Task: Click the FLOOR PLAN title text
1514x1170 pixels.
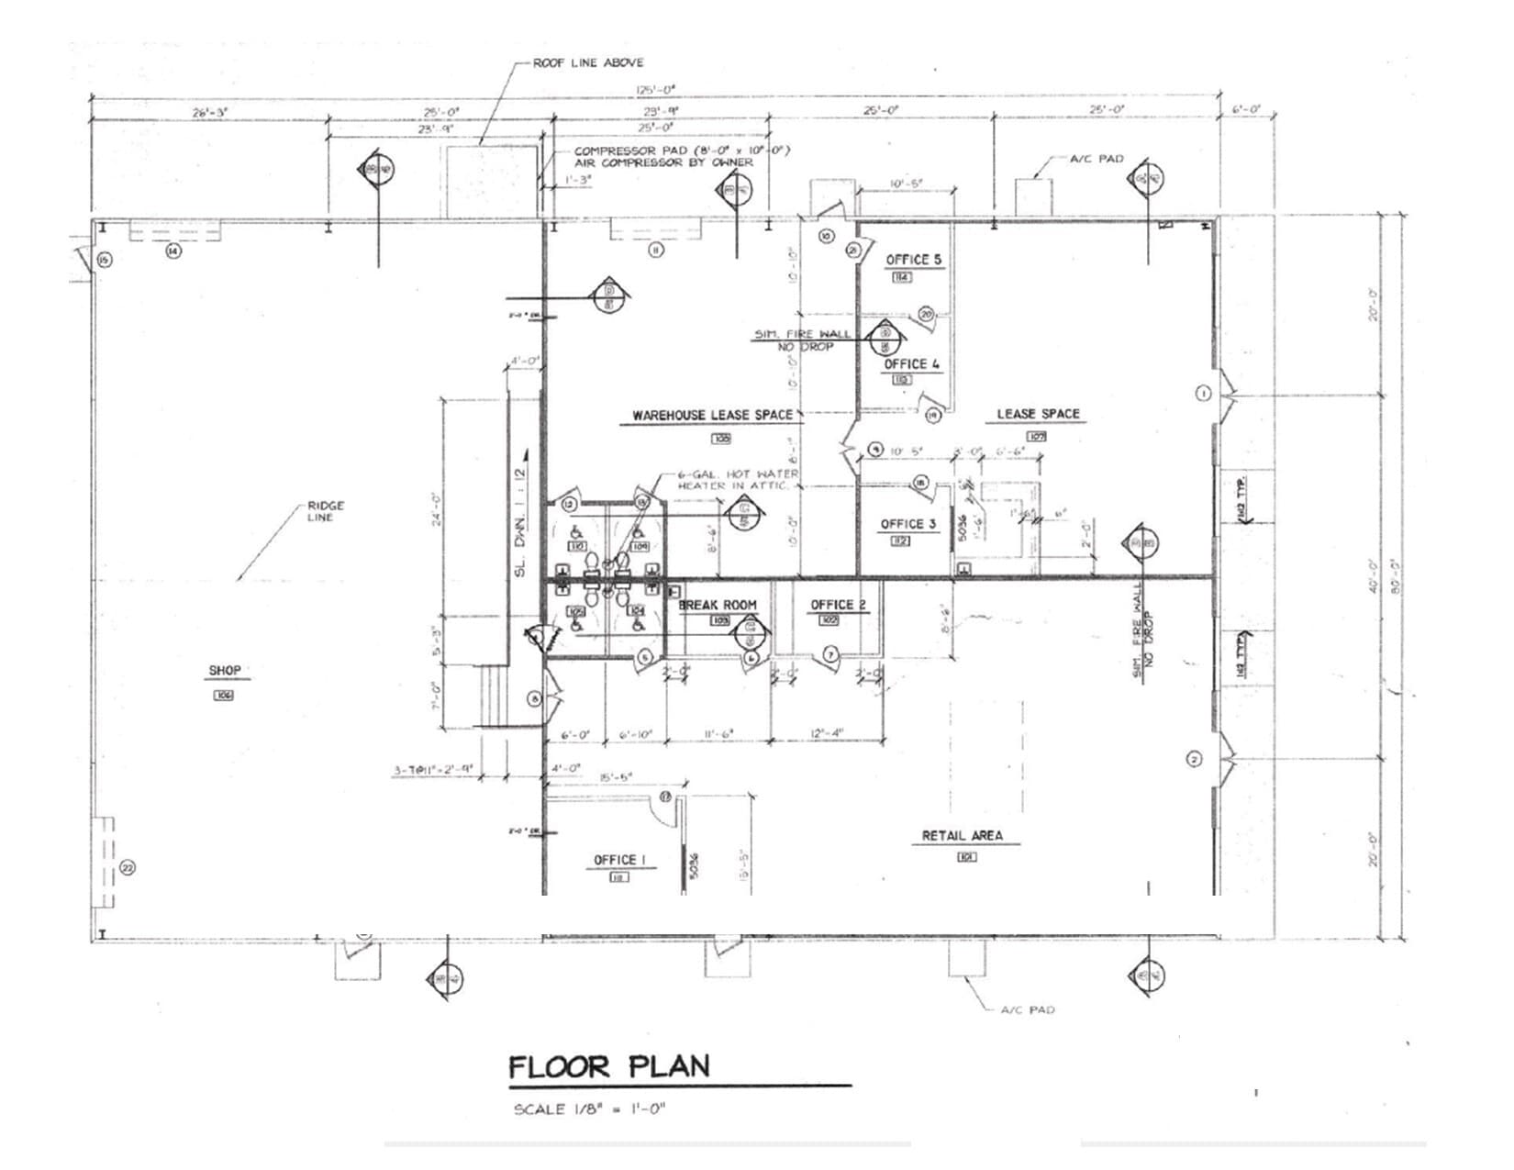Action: click(x=609, y=1067)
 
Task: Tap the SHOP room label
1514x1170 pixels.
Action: click(x=225, y=671)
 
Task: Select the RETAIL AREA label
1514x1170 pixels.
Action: click(x=963, y=836)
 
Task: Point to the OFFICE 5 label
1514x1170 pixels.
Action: click(x=913, y=260)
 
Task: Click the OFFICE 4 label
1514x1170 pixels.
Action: click(x=911, y=364)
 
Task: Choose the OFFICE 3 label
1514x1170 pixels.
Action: click(x=907, y=524)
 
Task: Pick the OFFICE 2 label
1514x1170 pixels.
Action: click(x=838, y=605)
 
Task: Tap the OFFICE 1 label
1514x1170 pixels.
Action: click(x=620, y=860)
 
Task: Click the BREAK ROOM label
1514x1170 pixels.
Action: click(x=718, y=605)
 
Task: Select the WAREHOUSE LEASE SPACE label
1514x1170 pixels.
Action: click(x=712, y=416)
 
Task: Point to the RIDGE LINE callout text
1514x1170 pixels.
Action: click(x=326, y=511)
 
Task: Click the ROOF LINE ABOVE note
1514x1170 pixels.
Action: click(x=588, y=62)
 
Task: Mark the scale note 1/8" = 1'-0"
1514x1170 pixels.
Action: click(x=589, y=1109)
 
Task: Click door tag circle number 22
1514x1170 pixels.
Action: click(x=128, y=867)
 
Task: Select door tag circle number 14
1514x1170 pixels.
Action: click(x=173, y=250)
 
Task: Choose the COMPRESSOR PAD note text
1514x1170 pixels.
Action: click(x=681, y=156)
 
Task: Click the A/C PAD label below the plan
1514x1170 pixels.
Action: click(x=1027, y=1009)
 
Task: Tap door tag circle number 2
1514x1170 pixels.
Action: click(x=1194, y=759)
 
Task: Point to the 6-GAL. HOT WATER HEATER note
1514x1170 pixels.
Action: click(x=737, y=479)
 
